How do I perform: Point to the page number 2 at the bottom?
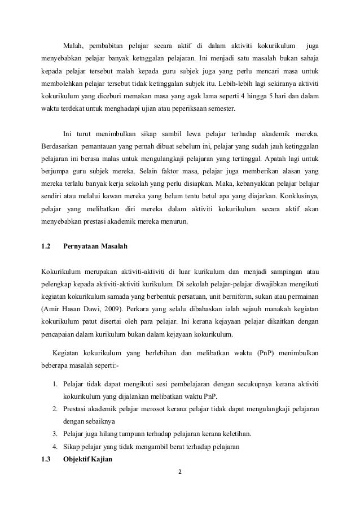[x=181, y=473]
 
